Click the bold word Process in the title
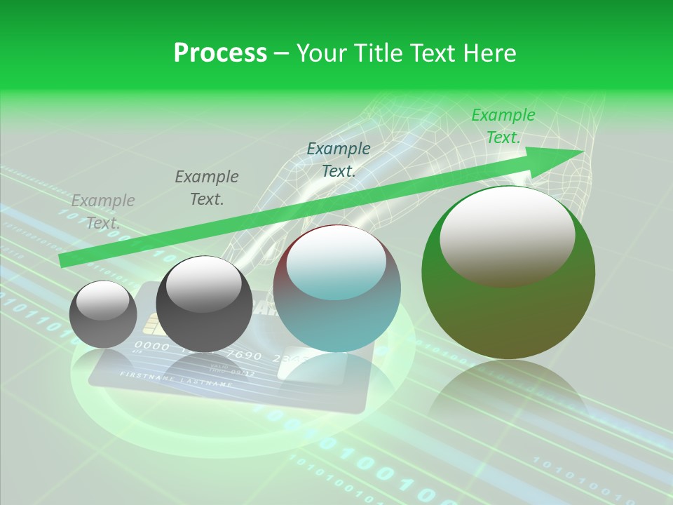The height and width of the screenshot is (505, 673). [220, 53]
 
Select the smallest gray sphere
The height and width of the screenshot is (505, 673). [104, 314]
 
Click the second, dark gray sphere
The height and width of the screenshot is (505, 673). [204, 304]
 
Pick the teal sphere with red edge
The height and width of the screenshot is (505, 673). [336, 288]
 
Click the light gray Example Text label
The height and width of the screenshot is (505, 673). [103, 211]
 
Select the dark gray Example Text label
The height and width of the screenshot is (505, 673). [206, 187]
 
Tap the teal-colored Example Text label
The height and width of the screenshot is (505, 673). [339, 159]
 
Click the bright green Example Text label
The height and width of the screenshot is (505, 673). [503, 126]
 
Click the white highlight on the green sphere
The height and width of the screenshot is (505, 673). [507, 236]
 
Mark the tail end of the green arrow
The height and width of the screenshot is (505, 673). [61, 261]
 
